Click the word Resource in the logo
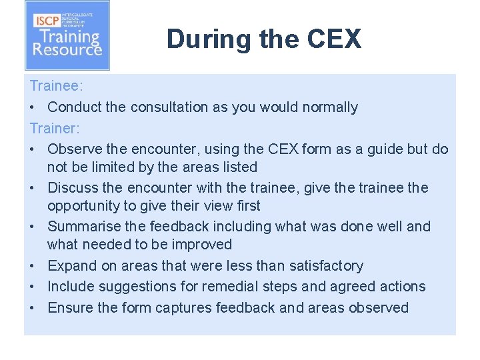point(67,49)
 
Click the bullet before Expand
point(32,266)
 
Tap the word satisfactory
point(326,266)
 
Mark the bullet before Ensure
point(32,308)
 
